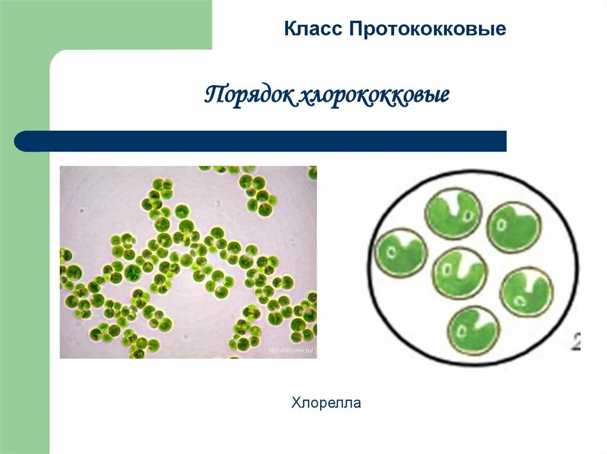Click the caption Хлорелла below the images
326,404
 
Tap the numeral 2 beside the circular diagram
575,342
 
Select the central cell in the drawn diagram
459,273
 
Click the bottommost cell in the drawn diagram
474,330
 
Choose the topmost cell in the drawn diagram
453,212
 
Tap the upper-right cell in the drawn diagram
513,227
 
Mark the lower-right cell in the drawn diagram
526,292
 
